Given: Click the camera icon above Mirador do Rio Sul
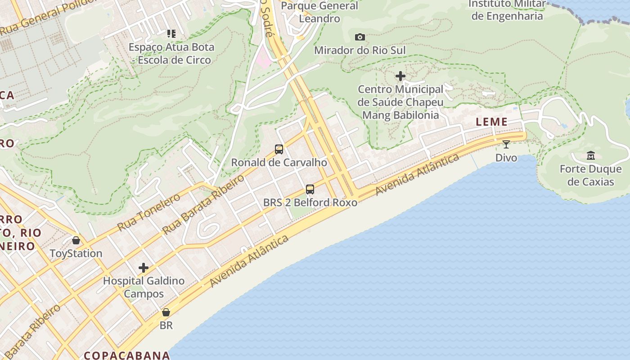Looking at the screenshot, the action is coord(360,37).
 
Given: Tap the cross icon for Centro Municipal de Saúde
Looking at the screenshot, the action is coord(400,76).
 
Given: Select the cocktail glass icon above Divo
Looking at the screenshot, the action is coord(506,144).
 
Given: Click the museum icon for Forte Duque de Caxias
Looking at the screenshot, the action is coord(591,156).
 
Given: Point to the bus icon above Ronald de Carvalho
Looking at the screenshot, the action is coord(279,149).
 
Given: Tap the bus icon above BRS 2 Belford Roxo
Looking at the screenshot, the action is coord(310,189).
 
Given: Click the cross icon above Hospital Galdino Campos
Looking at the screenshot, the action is coord(144,268).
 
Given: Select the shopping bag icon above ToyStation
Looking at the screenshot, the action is coord(76,240).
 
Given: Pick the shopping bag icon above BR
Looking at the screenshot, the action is coord(166,312).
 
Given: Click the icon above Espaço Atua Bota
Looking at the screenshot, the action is coord(171,34).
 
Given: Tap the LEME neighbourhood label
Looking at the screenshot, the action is coord(492,122).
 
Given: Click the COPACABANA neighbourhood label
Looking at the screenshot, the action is coord(127,355).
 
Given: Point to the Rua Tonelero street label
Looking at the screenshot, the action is coord(149,211).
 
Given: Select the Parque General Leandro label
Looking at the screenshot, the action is coord(319,12).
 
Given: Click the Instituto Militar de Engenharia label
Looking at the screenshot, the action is coord(507,10).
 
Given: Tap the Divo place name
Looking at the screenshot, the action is coord(506,158).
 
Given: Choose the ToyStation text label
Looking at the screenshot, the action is coord(76,253).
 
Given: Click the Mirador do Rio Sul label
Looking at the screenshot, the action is coord(360,50).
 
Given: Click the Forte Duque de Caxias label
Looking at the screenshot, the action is coord(591,175).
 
